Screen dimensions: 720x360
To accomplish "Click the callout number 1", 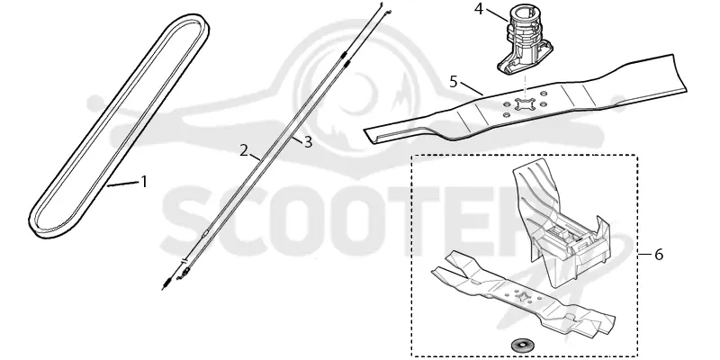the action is point(144,182).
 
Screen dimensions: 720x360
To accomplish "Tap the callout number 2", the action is point(244,150).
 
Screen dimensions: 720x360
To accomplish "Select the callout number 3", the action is point(308,142).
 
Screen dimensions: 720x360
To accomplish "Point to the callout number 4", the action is point(479,9).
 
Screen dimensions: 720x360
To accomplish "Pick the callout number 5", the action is point(454,82).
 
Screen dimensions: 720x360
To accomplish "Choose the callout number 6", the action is point(659,255).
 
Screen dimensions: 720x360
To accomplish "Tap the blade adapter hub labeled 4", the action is point(525,43).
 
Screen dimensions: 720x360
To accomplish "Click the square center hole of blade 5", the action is point(525,104).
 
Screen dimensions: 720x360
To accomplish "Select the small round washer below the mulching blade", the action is point(519,345).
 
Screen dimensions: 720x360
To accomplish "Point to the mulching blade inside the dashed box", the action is point(523,294).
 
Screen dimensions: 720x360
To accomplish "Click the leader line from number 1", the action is point(122,184).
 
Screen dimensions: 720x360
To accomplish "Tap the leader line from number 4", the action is point(497,15).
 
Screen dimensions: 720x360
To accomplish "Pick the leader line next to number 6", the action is point(645,254).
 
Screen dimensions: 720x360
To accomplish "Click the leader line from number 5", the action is point(472,88).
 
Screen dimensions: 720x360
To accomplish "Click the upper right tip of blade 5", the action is point(673,55).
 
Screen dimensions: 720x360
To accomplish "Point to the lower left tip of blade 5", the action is point(366,132).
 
